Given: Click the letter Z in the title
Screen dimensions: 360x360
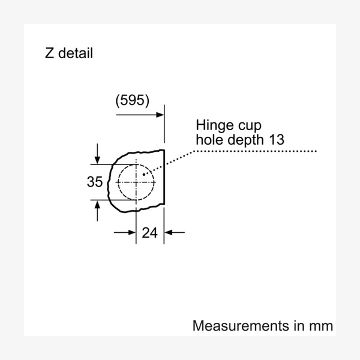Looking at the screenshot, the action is pyautogui.click(x=49, y=53).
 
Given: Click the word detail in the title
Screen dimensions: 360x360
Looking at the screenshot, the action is pyautogui.click(x=76, y=53).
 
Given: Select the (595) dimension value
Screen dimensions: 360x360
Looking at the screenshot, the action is pyautogui.click(x=132, y=100).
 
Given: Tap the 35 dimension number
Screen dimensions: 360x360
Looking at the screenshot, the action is pyautogui.click(x=95, y=182).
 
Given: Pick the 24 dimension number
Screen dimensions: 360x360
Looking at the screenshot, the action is pyautogui.click(x=149, y=233).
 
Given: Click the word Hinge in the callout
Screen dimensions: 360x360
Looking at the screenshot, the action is pyautogui.click(x=215, y=126).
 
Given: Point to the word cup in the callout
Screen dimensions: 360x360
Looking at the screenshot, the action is pyautogui.click(x=250, y=127).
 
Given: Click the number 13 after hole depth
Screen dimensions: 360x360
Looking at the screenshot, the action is pyautogui.click(x=277, y=140).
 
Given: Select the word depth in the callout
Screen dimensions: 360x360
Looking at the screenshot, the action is pyautogui.click(x=245, y=140).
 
